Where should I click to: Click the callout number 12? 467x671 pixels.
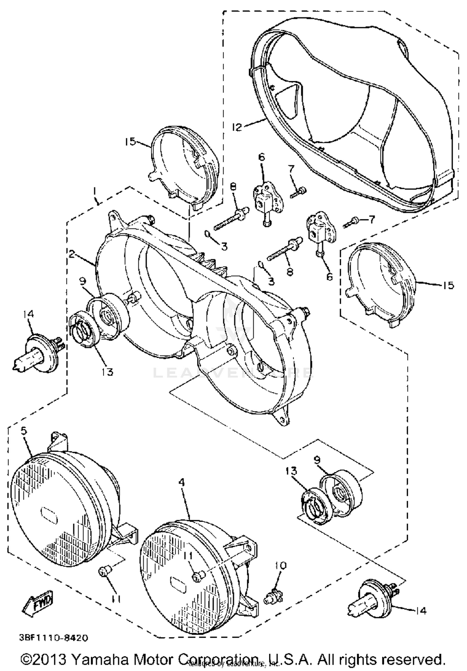click(x=237, y=127)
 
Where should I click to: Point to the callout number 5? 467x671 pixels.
click(x=24, y=431)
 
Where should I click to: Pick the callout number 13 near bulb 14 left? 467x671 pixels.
click(x=107, y=371)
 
